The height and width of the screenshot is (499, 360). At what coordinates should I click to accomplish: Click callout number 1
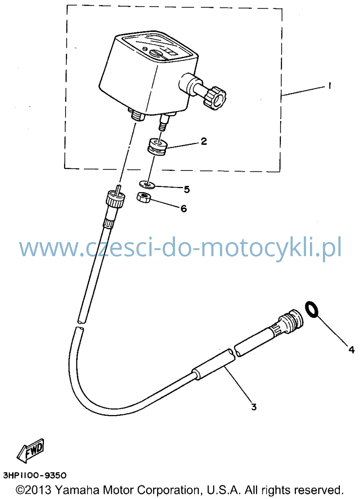329,85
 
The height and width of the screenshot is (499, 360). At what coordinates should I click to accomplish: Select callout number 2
204,141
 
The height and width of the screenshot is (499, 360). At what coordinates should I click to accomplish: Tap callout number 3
253,407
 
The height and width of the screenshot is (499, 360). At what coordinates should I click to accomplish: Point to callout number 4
351,350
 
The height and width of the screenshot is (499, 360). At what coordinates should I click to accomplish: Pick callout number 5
186,190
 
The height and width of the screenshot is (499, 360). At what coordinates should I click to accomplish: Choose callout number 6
184,209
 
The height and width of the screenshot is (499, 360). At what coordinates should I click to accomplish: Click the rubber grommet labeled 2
157,147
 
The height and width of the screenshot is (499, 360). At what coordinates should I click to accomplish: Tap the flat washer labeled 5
147,185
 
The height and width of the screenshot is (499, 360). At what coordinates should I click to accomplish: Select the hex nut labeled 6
143,197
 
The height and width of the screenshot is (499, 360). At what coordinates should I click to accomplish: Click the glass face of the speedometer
157,45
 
